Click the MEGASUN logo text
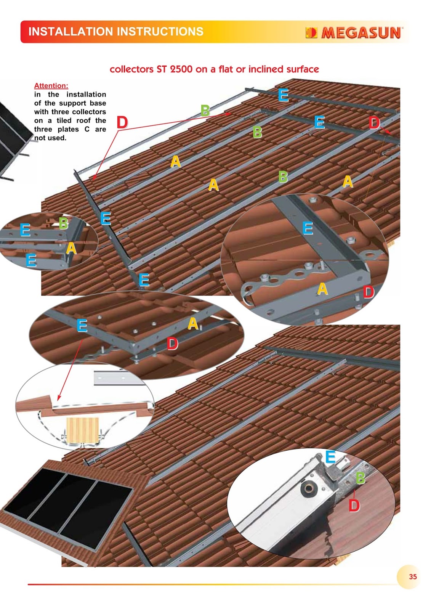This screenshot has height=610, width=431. click(361, 33)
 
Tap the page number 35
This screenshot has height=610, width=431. click(413, 576)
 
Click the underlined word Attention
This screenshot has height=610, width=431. click(51, 86)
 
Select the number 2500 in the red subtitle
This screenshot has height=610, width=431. click(181, 69)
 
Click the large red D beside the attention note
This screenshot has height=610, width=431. click(122, 122)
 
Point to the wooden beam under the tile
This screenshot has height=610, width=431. click(82, 430)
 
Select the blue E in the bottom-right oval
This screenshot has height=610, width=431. click(330, 457)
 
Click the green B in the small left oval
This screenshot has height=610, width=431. click(63, 223)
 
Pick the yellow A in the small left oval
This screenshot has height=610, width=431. click(71, 248)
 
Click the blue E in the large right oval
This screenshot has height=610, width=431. click(308, 228)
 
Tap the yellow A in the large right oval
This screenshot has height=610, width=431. click(323, 289)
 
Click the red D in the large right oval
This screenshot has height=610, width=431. click(369, 292)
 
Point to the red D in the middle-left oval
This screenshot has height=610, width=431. click(172, 343)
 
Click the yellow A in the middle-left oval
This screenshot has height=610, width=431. click(193, 324)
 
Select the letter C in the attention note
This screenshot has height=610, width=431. click(87, 129)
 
